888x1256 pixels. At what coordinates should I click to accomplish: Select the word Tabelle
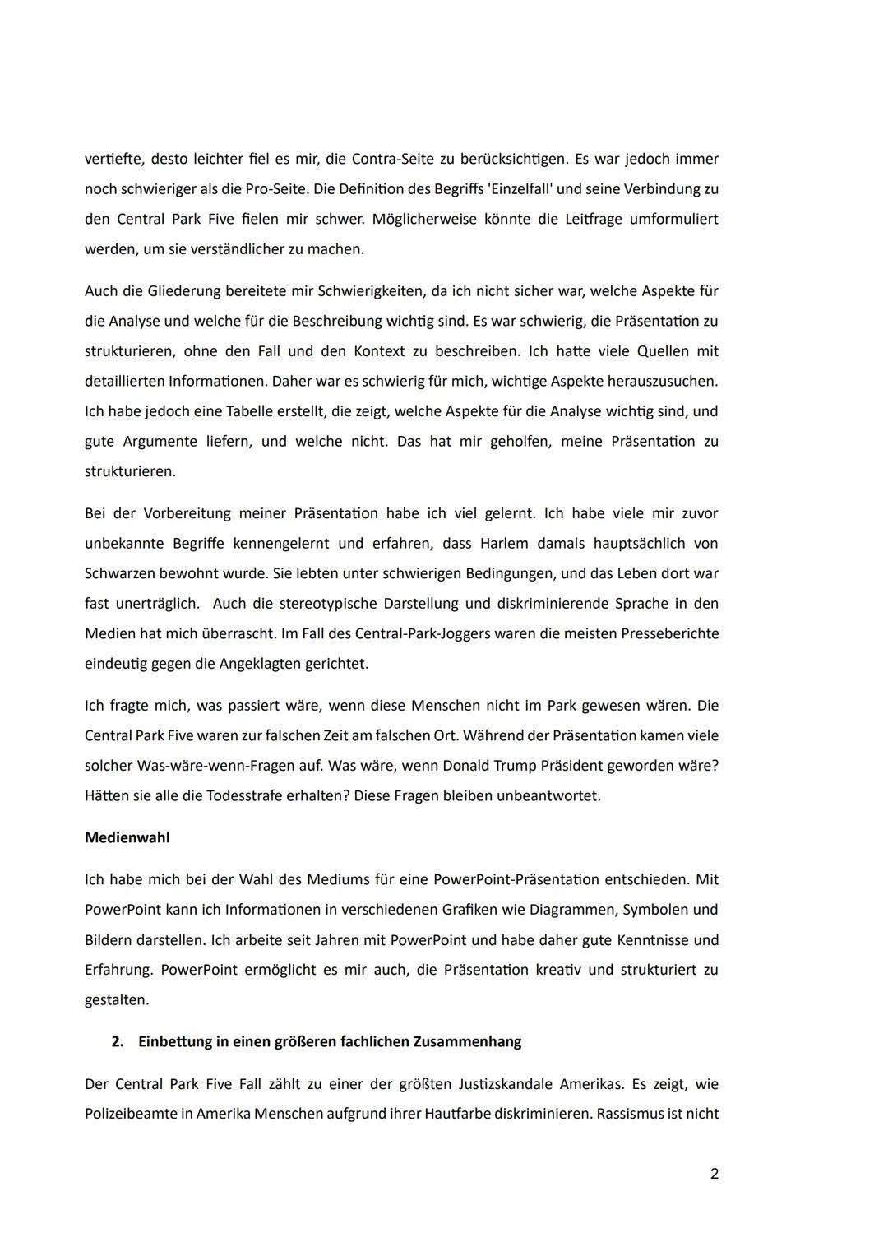tap(222, 411)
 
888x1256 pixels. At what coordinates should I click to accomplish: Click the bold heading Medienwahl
tap(127, 838)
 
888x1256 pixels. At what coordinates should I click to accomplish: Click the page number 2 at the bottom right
tap(714, 1174)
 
